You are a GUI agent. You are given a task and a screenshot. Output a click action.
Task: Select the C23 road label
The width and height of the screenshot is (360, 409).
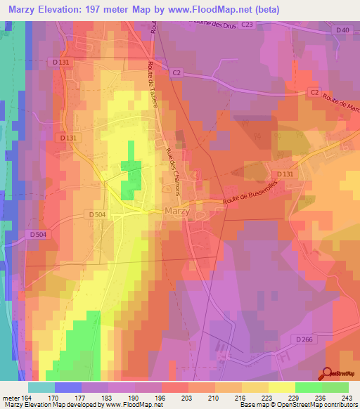[x=245, y=25]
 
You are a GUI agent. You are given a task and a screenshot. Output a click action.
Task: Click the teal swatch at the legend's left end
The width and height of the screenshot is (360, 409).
[x=41, y=387]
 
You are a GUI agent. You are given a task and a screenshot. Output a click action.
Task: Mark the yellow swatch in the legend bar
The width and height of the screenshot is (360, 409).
[x=281, y=387]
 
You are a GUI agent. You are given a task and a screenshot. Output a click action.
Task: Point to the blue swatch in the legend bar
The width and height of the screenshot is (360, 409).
[x=68, y=387]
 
